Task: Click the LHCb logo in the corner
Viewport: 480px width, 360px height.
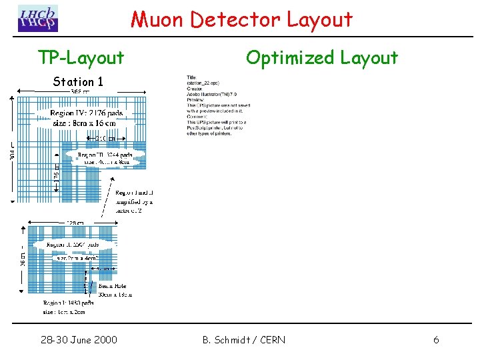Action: [38, 18]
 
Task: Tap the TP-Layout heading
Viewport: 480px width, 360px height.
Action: [81, 58]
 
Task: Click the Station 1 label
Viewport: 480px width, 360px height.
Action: [78, 82]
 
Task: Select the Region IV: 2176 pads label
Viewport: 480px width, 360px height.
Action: [87, 113]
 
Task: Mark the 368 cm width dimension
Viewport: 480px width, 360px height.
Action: [81, 91]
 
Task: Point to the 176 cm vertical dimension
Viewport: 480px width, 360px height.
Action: [57, 175]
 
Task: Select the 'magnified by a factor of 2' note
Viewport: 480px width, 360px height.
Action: [134, 201]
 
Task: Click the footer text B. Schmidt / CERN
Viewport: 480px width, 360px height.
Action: [243, 340]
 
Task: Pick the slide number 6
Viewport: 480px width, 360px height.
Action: [436, 340]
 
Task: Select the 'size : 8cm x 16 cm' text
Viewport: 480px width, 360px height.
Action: [84, 123]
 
